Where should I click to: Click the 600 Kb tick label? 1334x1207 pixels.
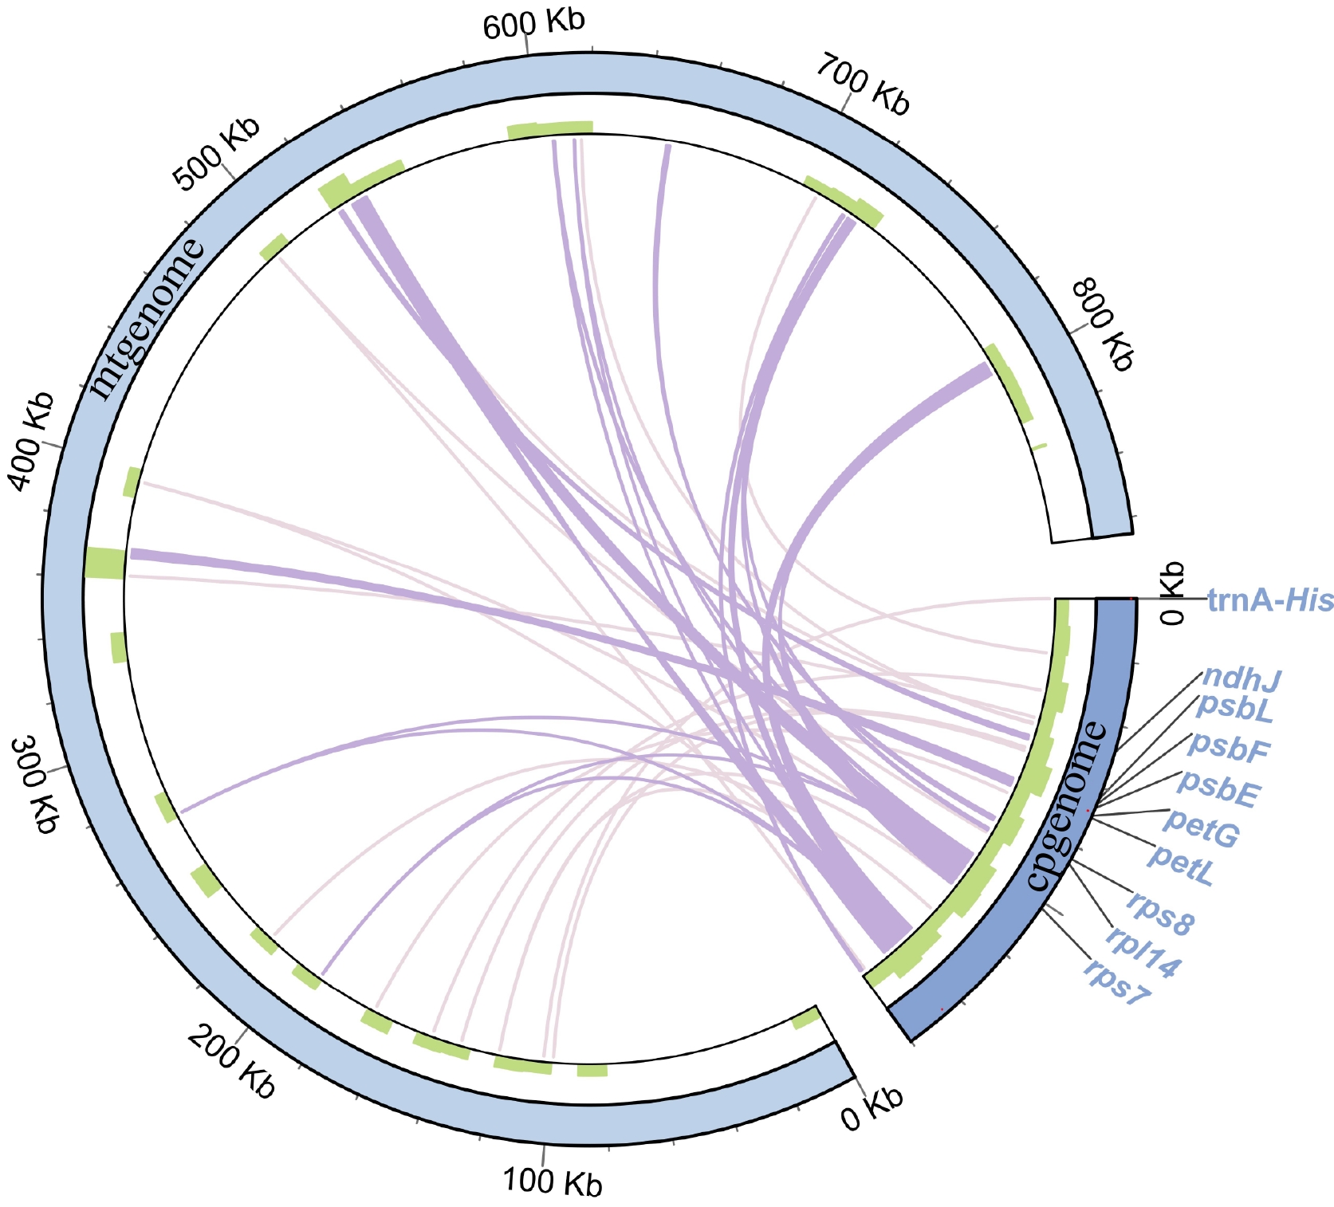533,23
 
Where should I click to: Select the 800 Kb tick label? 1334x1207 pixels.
1102,324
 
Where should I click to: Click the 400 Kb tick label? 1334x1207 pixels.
31,441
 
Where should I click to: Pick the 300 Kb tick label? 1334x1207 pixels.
35,785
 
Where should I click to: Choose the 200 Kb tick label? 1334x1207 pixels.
232,1062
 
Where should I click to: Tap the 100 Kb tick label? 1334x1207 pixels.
553,1181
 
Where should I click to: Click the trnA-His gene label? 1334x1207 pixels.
1269,600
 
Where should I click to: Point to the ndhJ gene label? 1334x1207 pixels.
1241,678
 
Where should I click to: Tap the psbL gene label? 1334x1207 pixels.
1234,707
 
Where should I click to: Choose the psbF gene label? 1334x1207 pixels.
1228,746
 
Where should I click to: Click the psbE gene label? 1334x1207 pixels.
1219,788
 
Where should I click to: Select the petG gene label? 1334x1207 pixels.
1202,828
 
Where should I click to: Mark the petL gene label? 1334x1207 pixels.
1182,866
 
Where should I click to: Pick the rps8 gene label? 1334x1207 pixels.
1161,912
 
